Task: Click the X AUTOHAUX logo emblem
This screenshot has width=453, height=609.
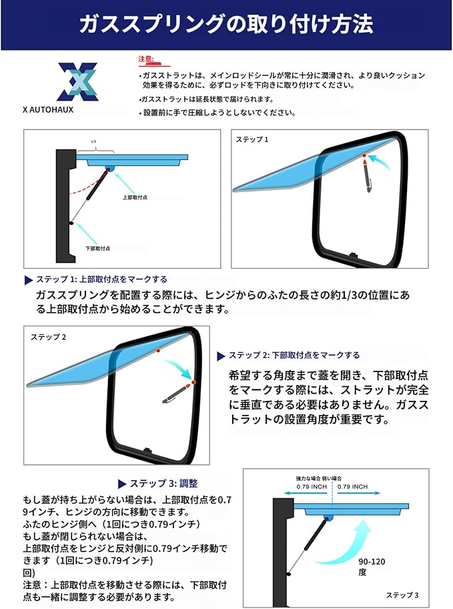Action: (77, 81)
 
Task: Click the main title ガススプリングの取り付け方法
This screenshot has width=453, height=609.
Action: (226, 25)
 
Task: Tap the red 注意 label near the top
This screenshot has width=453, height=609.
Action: (145, 59)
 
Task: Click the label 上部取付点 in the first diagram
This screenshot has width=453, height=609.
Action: (135, 197)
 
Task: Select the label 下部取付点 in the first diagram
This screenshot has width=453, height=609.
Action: (98, 248)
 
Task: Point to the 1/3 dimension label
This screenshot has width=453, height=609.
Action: (93, 141)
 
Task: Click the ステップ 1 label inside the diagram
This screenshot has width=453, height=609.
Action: (252, 139)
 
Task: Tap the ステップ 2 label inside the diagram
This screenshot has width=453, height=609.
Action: (49, 337)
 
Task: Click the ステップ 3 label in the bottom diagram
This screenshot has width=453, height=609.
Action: (402, 594)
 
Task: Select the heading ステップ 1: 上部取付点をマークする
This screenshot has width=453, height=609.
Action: (101, 279)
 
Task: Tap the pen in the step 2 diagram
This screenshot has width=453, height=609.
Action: (176, 393)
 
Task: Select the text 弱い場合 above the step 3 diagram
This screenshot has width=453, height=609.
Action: (332, 478)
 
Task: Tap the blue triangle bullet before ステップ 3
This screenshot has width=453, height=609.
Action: (122, 484)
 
